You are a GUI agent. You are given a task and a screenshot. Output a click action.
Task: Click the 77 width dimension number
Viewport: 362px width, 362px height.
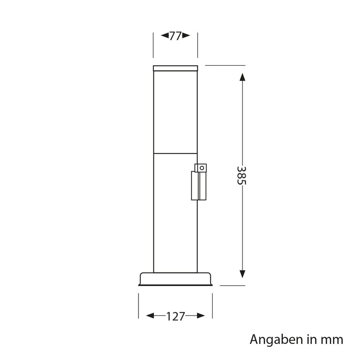[x=175, y=36]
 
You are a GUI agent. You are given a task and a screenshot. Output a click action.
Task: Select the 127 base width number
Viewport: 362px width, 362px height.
[x=176, y=316]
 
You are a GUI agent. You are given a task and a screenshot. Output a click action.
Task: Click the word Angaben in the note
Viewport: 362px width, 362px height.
[x=271, y=339]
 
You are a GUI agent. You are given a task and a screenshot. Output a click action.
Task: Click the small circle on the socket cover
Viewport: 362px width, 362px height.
[x=201, y=168]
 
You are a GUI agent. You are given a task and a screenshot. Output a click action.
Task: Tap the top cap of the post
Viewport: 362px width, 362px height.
[x=176, y=68]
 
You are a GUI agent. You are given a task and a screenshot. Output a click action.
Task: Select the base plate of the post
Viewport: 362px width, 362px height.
[x=176, y=279]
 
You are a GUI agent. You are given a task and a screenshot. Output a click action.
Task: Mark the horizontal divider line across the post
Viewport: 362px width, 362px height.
[x=176, y=153]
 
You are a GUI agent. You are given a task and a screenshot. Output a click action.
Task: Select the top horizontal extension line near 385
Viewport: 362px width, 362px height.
[x=225, y=65]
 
